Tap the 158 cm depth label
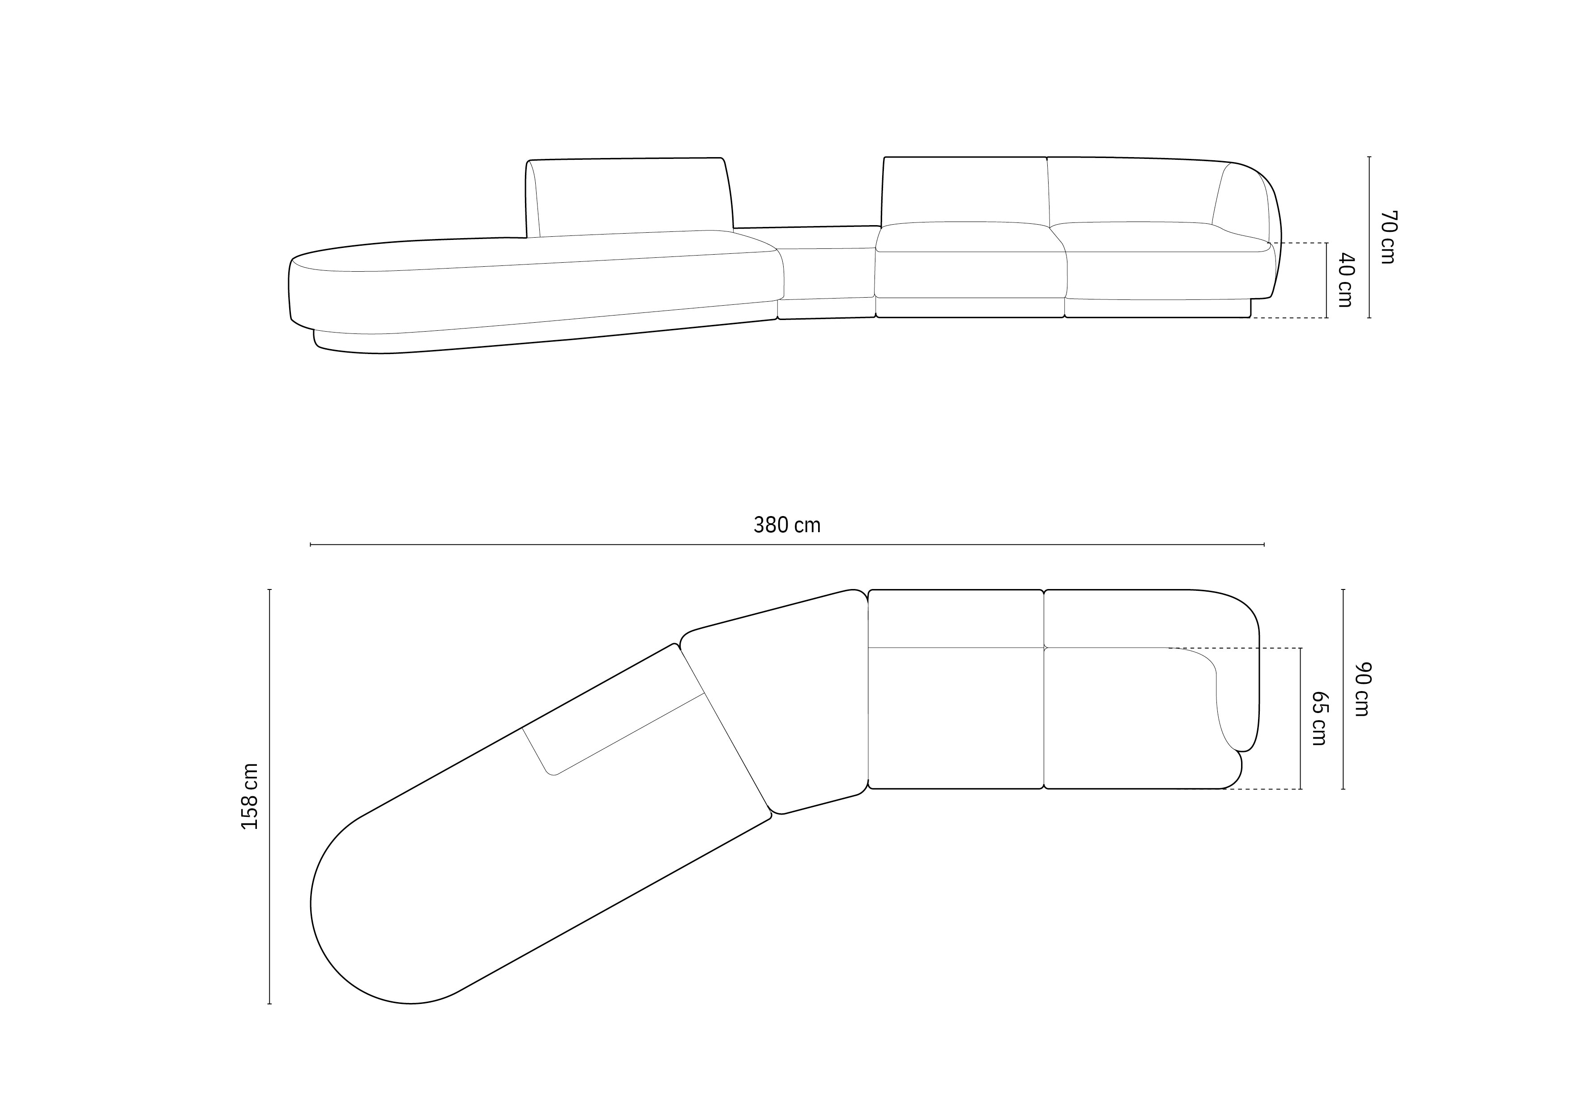point(250,796)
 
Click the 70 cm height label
point(1388,237)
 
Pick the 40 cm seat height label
point(1345,280)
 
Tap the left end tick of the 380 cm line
point(311,544)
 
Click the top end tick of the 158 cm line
point(269,589)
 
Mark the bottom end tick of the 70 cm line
point(1369,318)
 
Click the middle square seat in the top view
point(955,718)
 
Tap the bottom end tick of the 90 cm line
point(1344,789)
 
